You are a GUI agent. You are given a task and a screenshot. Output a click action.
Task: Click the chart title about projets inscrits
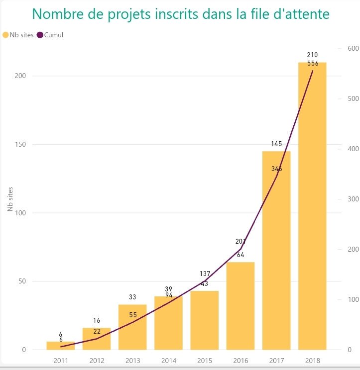click(x=180, y=14)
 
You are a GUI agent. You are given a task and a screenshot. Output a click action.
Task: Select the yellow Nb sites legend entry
click(x=17, y=35)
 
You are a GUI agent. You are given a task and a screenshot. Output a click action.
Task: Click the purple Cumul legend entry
click(x=50, y=35)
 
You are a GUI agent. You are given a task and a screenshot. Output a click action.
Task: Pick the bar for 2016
click(x=240, y=306)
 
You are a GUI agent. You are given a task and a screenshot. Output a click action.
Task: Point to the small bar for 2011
click(x=61, y=346)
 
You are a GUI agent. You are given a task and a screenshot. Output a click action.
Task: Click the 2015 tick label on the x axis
click(x=205, y=360)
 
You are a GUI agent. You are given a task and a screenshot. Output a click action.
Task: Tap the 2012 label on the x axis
click(x=97, y=360)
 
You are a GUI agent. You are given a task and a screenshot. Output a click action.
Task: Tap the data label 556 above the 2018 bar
click(x=313, y=63)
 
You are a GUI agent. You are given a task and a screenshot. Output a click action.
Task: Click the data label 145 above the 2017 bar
click(x=277, y=144)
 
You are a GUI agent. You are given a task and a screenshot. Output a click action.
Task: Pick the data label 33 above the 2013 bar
click(x=132, y=297)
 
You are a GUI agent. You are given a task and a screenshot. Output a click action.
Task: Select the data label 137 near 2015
click(x=205, y=274)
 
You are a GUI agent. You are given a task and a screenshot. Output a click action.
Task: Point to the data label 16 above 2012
click(x=97, y=321)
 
